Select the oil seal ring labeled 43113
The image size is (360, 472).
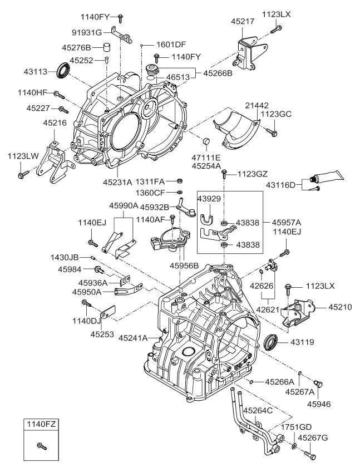tap(63, 71)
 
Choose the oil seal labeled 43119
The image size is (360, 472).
tap(270, 342)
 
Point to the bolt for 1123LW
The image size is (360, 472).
tap(22, 175)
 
